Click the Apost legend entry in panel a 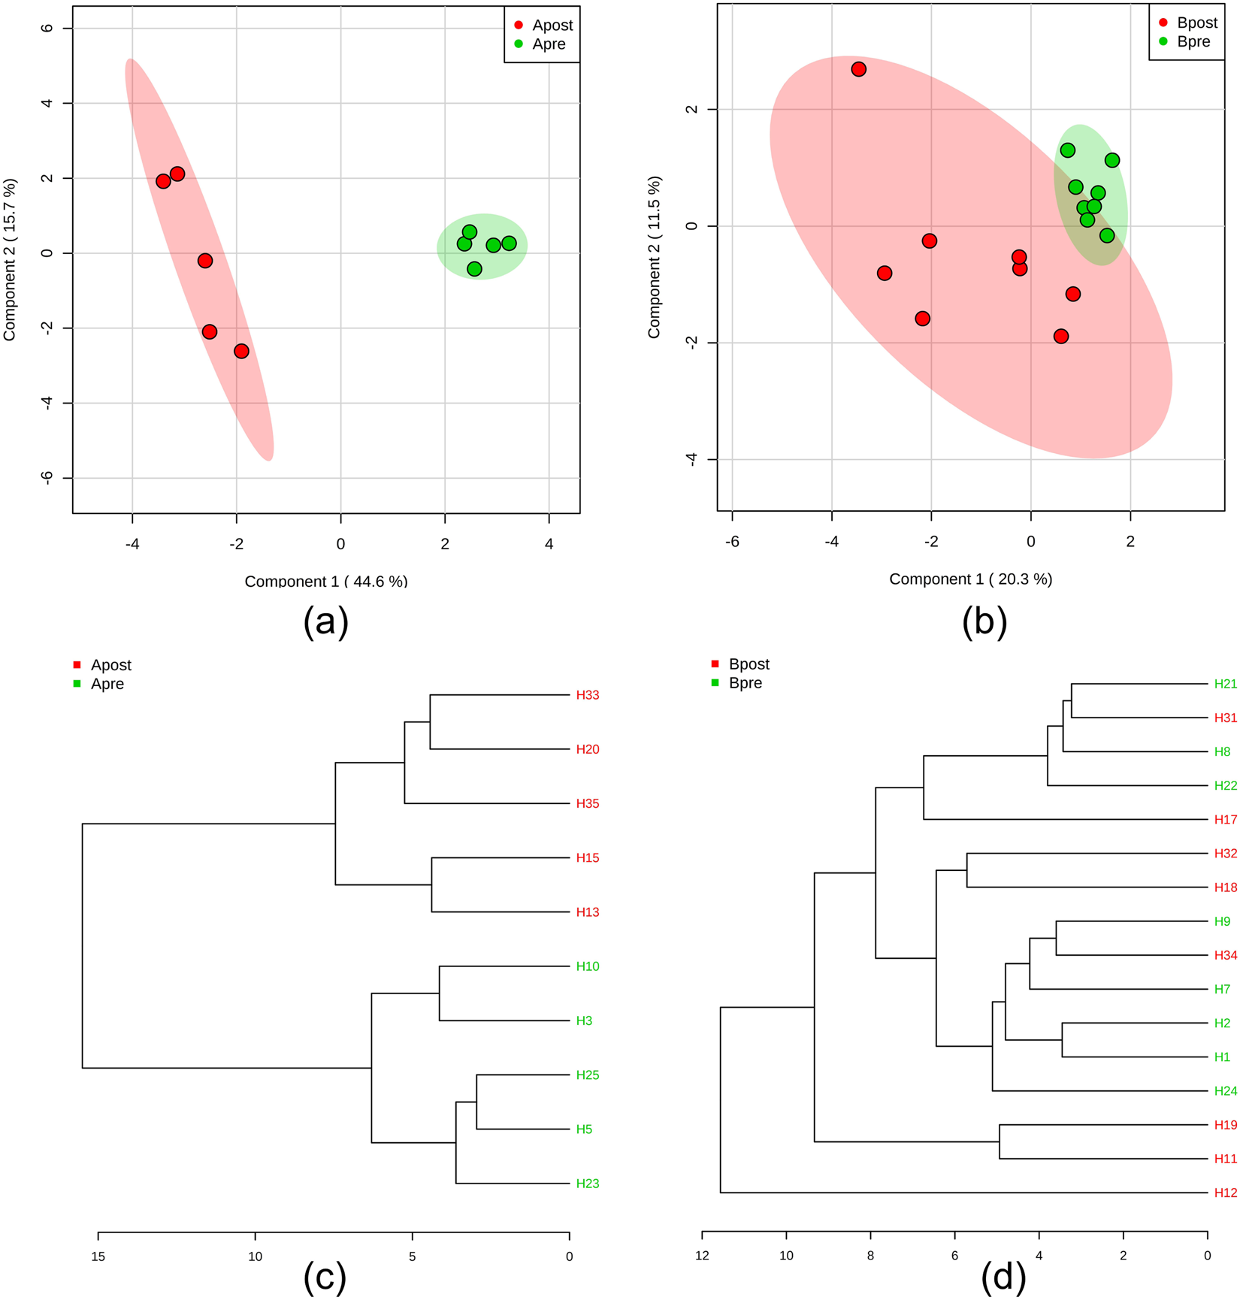click(543, 26)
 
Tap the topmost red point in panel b click(858, 69)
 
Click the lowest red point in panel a click(241, 351)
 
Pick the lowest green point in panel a click(474, 269)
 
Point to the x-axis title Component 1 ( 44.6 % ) click(325, 581)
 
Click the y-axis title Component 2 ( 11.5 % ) click(654, 257)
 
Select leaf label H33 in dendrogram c click(587, 695)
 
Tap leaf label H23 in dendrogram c click(587, 1184)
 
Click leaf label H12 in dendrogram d click(1225, 1193)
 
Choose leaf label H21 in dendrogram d click(1225, 684)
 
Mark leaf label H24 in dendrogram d click(1225, 1091)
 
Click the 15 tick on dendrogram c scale click(98, 1256)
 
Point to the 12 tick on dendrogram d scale click(702, 1256)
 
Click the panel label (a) click(325, 622)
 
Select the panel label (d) click(1003, 1276)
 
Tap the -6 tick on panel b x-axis click(732, 542)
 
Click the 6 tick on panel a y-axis click(47, 29)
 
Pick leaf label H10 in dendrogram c click(587, 966)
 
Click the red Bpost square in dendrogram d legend click(715, 664)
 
